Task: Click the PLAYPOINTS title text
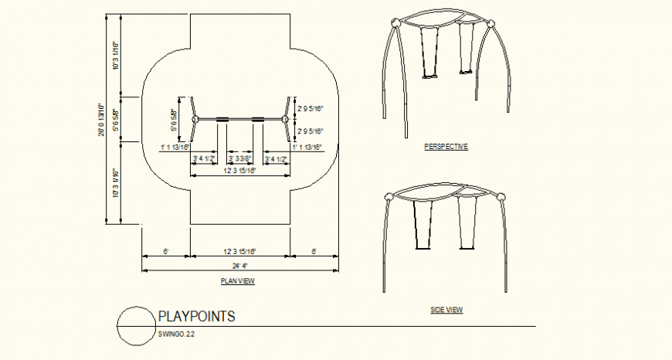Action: (x=196, y=316)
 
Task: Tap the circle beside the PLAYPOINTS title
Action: (x=135, y=325)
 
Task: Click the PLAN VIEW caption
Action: (x=237, y=281)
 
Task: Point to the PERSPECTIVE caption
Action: (x=446, y=147)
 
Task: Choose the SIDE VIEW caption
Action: (x=446, y=310)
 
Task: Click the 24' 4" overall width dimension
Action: (x=239, y=266)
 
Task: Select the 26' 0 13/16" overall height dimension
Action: (x=101, y=121)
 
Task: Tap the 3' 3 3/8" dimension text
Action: (x=241, y=159)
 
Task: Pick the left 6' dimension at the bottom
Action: (x=165, y=251)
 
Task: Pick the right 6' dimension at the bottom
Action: (x=314, y=251)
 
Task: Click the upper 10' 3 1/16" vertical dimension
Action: (x=116, y=55)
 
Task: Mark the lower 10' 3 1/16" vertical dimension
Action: (x=116, y=184)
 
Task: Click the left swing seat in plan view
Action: (x=222, y=119)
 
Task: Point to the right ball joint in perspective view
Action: (x=489, y=24)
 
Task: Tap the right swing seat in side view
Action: (x=467, y=247)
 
